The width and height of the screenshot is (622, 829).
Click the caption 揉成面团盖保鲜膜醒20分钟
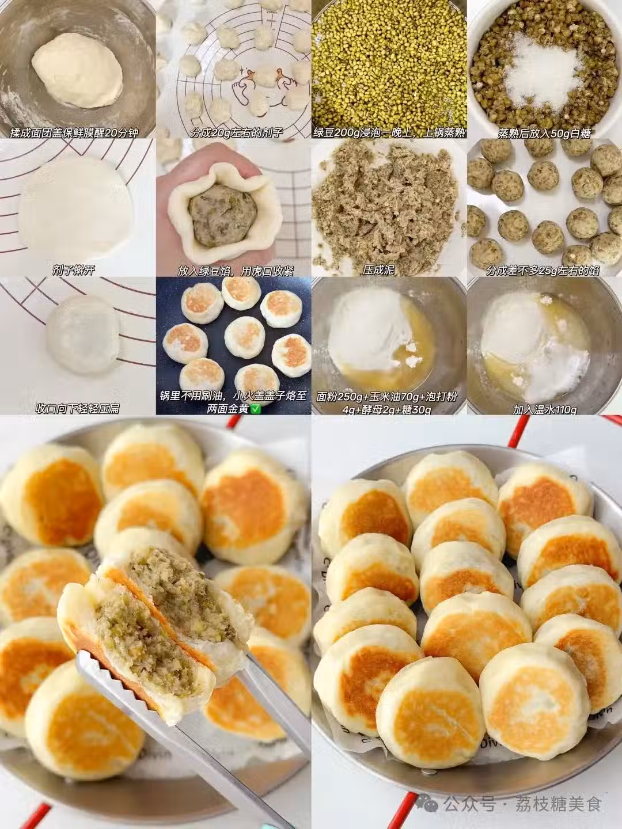[x=74, y=133]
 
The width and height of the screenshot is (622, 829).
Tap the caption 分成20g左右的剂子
[x=237, y=133]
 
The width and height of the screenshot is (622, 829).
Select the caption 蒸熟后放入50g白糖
[x=544, y=134]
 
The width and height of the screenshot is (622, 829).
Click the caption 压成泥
[x=378, y=270]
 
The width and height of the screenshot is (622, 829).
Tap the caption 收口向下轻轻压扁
[x=77, y=409]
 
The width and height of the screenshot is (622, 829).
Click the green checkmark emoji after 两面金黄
[x=256, y=409]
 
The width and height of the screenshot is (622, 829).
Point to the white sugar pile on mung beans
[x=541, y=75]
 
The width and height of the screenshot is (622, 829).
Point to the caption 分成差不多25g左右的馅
[x=543, y=271]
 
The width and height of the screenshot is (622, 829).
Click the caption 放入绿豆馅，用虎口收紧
[x=236, y=271]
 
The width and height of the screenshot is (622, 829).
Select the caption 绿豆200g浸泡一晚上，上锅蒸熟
[x=389, y=133]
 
